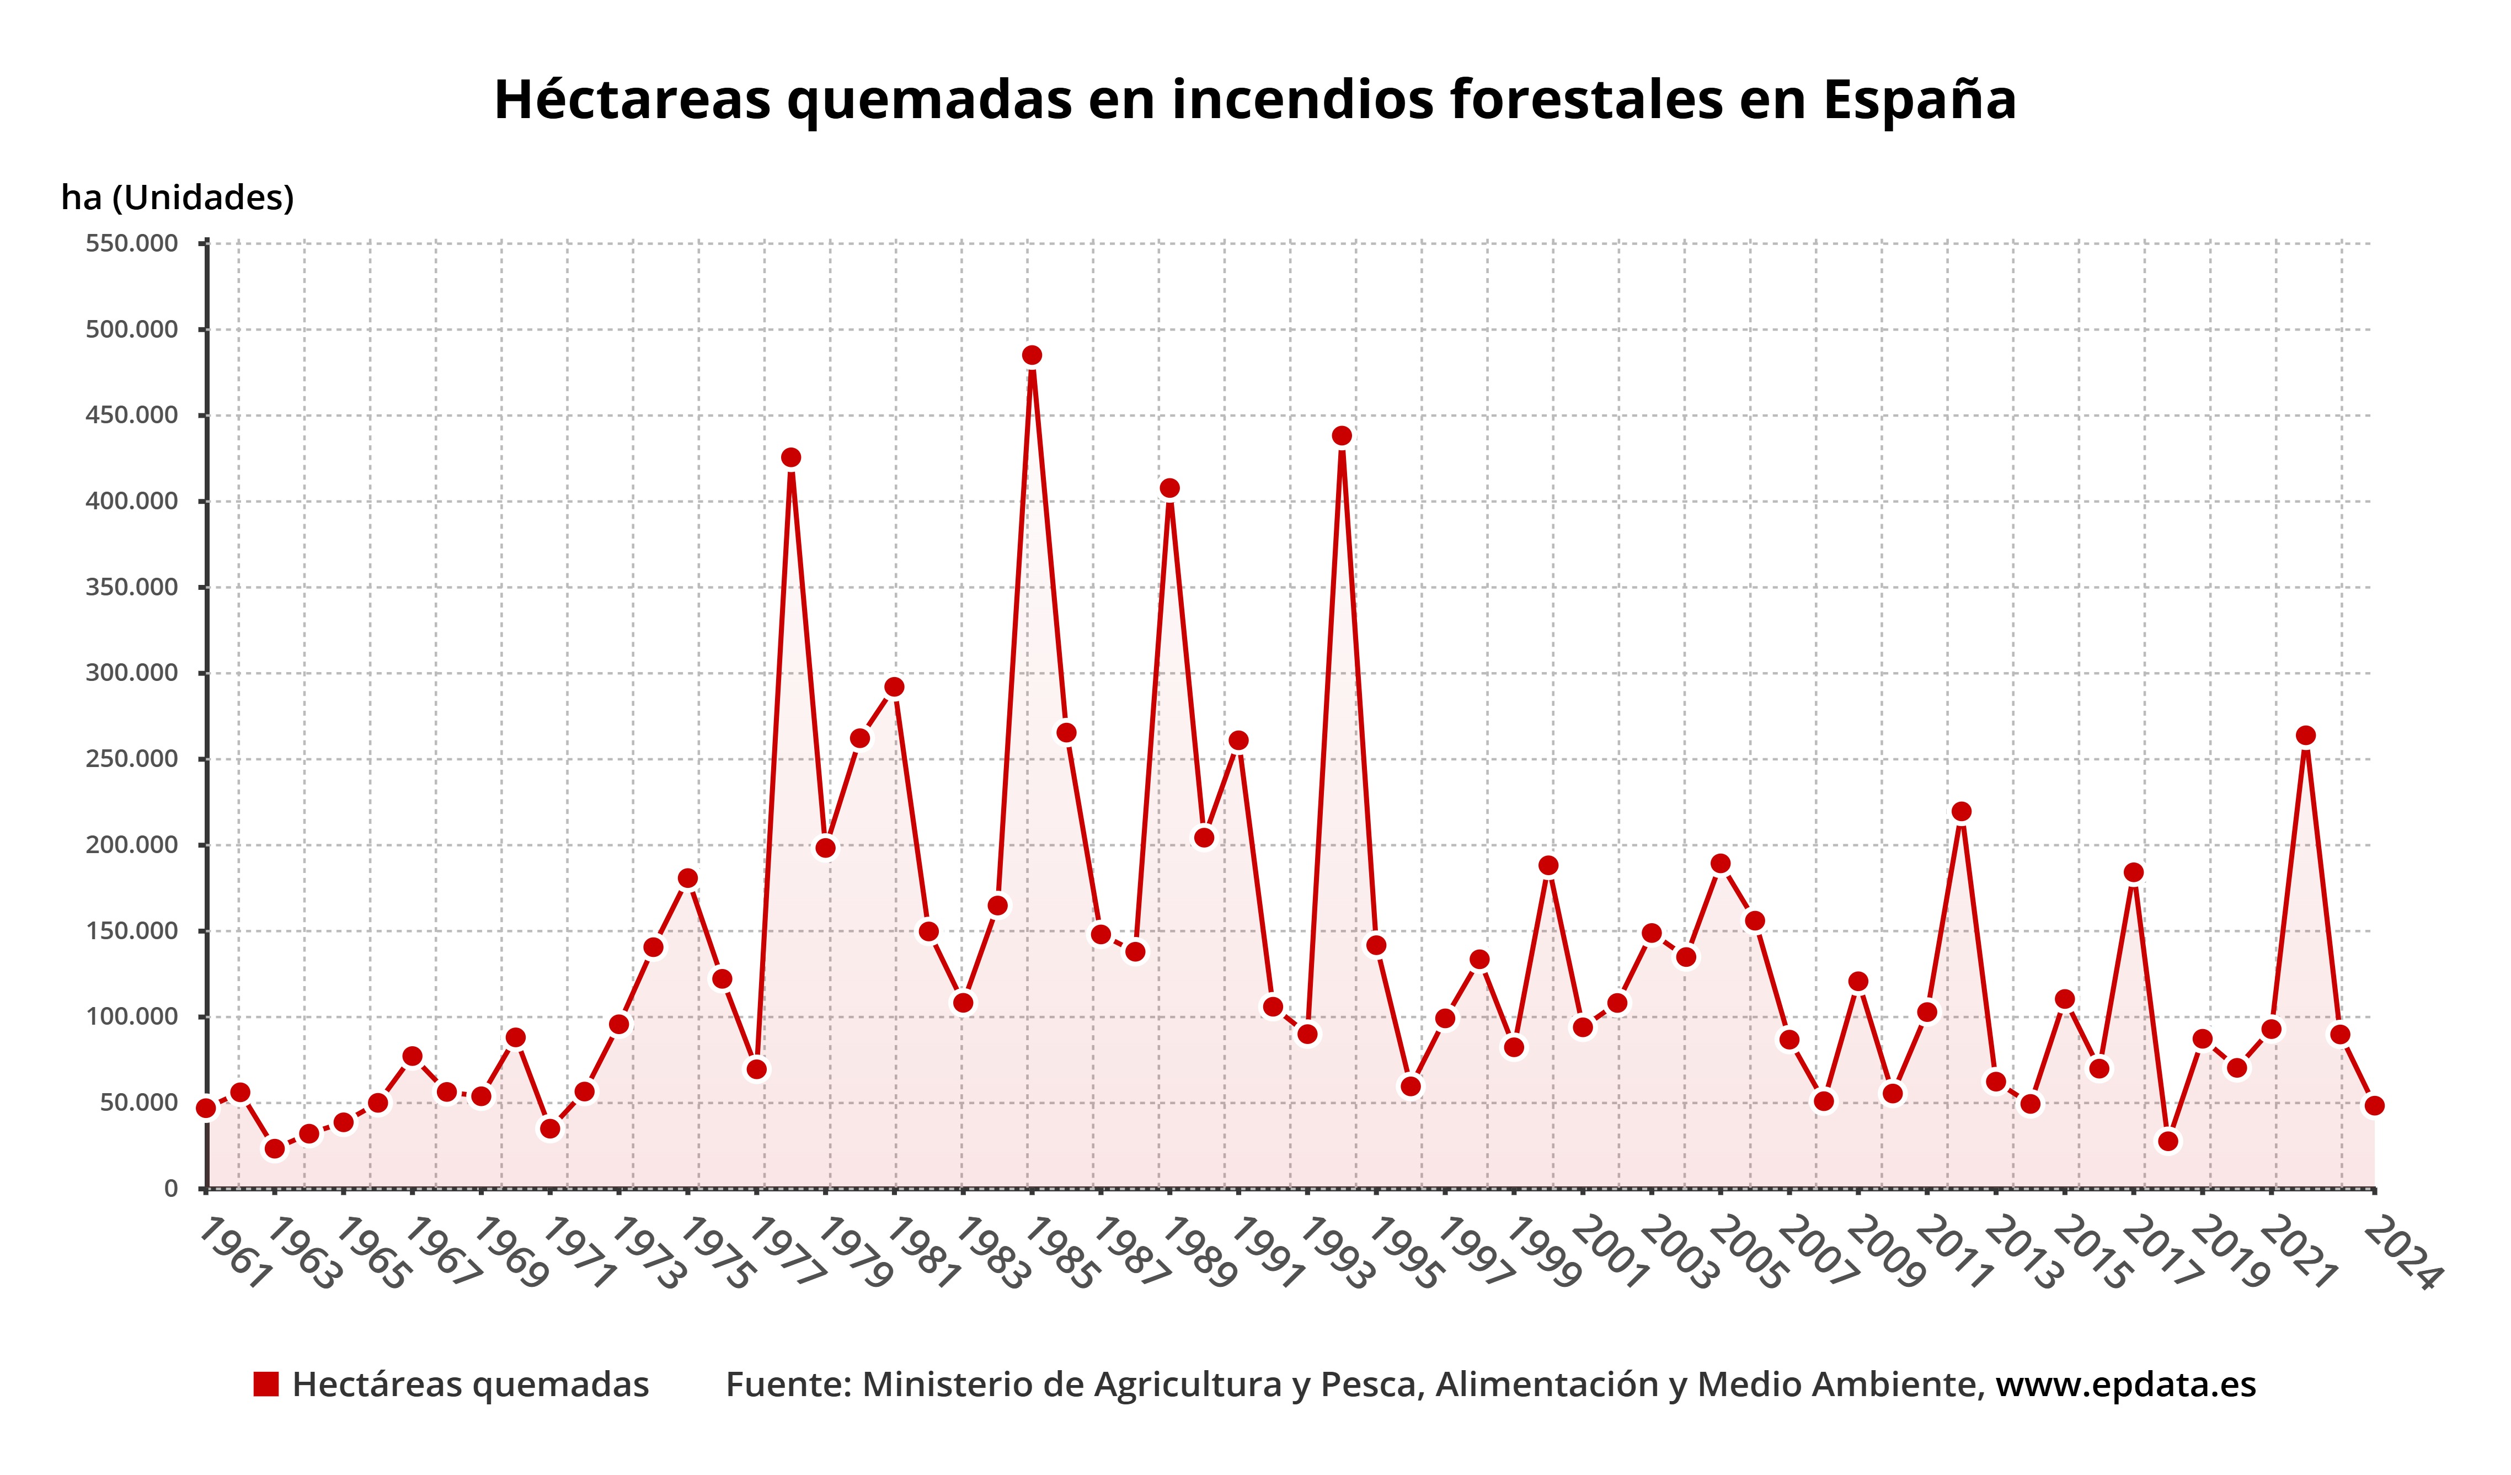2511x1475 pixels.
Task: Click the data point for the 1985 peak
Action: click(x=1032, y=356)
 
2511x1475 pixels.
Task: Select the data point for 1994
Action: click(x=1341, y=435)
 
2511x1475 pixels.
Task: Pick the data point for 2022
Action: click(x=2305, y=736)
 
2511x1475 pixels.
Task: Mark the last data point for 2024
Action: click(x=2374, y=1105)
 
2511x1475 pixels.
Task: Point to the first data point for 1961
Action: click(x=206, y=1108)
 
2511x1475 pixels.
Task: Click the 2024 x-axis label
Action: click(x=2401, y=1254)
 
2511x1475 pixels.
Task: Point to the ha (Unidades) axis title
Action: click(x=178, y=198)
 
